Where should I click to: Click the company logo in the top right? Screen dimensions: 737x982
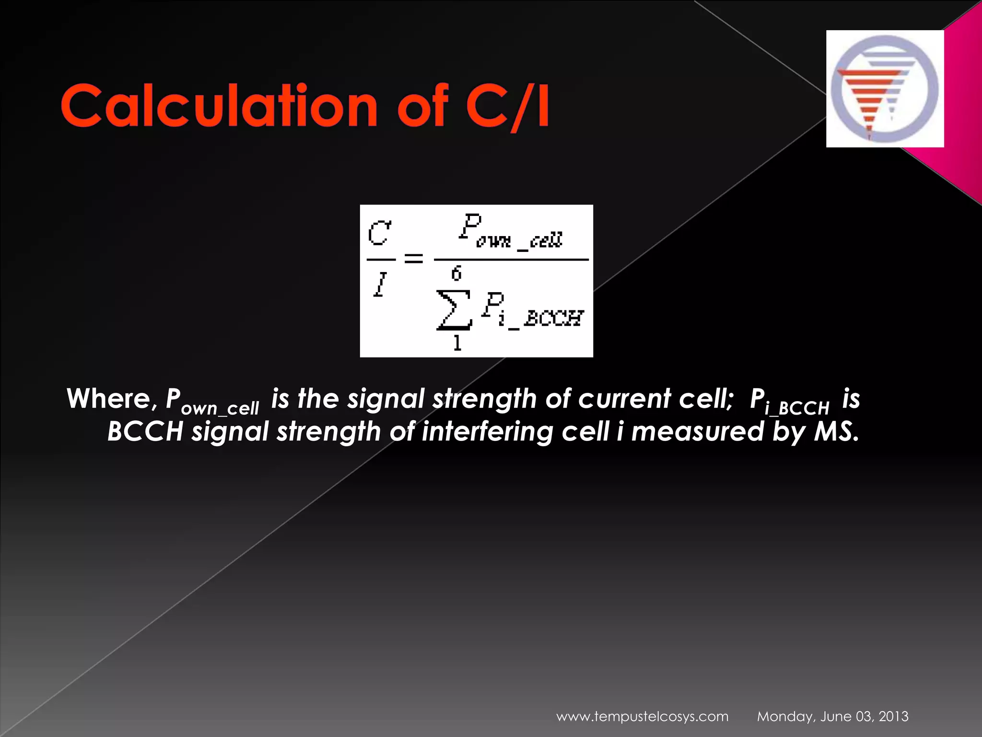coord(885,89)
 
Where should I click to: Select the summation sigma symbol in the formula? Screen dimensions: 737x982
coord(453,310)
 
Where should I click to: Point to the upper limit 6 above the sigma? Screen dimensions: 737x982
coord(456,274)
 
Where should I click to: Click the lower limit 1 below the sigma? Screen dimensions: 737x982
coord(457,343)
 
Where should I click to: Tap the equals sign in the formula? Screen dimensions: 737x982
coord(414,259)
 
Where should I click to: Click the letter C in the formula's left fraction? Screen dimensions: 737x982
coord(380,234)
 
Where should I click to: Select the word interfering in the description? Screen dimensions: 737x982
coord(487,431)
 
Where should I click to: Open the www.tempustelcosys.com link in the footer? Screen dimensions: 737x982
coord(642,716)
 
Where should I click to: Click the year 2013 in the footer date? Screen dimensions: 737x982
coord(893,716)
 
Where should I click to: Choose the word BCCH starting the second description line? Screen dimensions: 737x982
coord(145,431)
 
